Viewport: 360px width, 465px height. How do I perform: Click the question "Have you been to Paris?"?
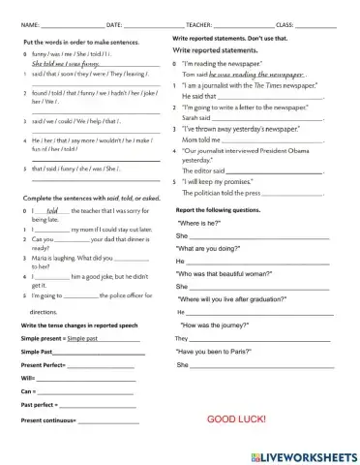pos(220,352)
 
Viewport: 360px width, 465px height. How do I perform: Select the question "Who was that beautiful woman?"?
pos(229,274)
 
